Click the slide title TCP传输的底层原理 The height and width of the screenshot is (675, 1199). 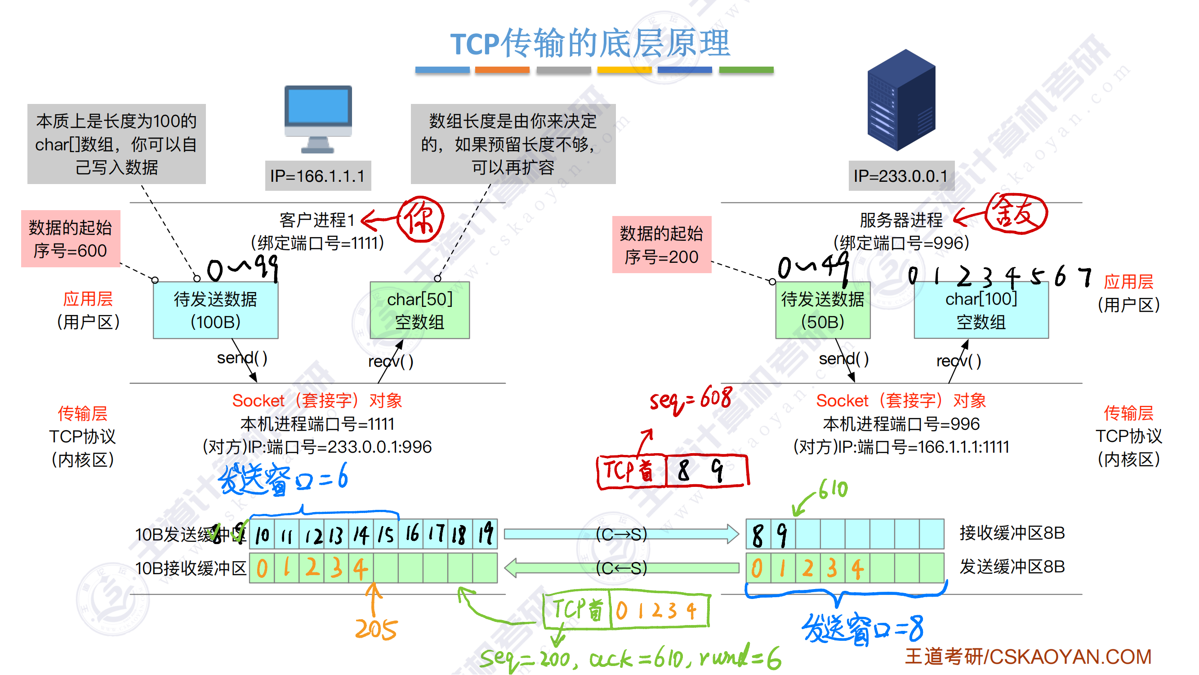pyautogui.click(x=590, y=43)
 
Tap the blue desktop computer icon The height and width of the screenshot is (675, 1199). pyautogui.click(x=318, y=118)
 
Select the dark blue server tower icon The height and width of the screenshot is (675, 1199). pyautogui.click(x=901, y=100)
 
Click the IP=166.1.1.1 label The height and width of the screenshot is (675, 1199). pyautogui.click(x=318, y=176)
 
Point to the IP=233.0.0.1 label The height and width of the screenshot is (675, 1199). pyautogui.click(x=901, y=176)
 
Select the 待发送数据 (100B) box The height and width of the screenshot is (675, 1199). pyautogui.click(x=215, y=310)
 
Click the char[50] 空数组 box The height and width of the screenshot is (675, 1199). pyautogui.click(x=420, y=310)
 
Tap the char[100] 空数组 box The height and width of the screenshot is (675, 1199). pyautogui.click(x=981, y=310)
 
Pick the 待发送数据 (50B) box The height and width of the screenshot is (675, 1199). pyautogui.click(x=822, y=310)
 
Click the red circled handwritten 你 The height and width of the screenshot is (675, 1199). pyautogui.click(x=421, y=219)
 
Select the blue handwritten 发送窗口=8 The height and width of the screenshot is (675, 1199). pyautogui.click(x=863, y=629)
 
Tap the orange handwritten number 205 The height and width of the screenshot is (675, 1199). pyautogui.click(x=376, y=630)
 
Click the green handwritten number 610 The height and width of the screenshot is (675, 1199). pyautogui.click(x=833, y=490)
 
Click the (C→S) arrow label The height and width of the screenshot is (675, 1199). pyautogui.click(x=621, y=534)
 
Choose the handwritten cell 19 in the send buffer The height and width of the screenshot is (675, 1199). pyautogui.click(x=485, y=534)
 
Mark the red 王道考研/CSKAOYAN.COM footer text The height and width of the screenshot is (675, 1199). pyautogui.click(x=1028, y=657)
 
